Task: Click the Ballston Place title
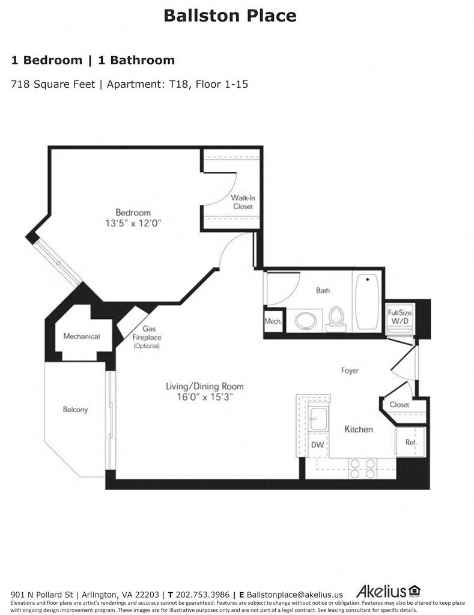coord(230,16)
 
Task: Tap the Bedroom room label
coord(133,213)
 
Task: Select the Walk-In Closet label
coord(243,202)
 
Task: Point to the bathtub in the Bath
coord(367,301)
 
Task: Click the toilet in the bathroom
coord(335,317)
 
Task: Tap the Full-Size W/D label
coord(400,317)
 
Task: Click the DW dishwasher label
coord(317,445)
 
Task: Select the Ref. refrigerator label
coord(411,443)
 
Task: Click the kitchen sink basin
coord(318,419)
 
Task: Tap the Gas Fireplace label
coord(147,337)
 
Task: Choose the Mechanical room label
coord(82,336)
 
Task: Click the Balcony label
coord(75,410)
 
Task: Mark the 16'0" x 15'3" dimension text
coord(205,397)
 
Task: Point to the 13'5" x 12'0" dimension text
coord(133,223)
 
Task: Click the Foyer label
coord(350,371)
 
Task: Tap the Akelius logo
coord(388,591)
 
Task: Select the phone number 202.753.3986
coord(202,595)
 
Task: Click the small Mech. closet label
coord(273,321)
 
